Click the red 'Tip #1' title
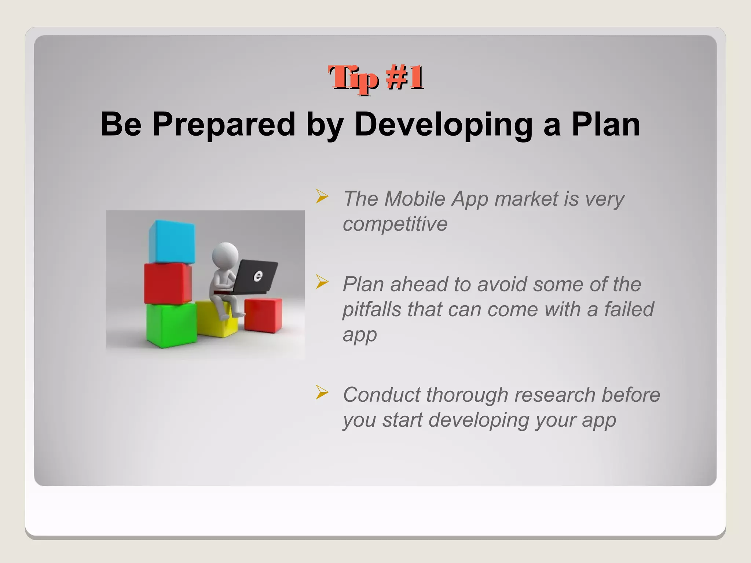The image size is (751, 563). point(375,78)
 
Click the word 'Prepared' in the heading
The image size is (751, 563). point(223,125)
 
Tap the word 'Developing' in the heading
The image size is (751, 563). point(443,125)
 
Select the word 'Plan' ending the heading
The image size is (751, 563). point(605,125)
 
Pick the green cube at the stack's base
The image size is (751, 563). point(171,325)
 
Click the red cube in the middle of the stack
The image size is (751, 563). point(167,283)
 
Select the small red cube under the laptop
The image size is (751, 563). point(263,315)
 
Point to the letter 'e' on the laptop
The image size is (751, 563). point(258,276)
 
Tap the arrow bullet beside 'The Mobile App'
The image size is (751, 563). point(322,197)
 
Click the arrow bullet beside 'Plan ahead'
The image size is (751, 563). point(322,282)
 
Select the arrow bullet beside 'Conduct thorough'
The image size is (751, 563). point(322,393)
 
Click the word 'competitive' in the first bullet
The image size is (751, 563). point(395,224)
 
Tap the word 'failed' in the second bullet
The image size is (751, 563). point(629,309)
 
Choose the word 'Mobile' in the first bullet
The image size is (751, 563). point(415,199)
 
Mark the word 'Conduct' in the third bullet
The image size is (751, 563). point(381,395)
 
